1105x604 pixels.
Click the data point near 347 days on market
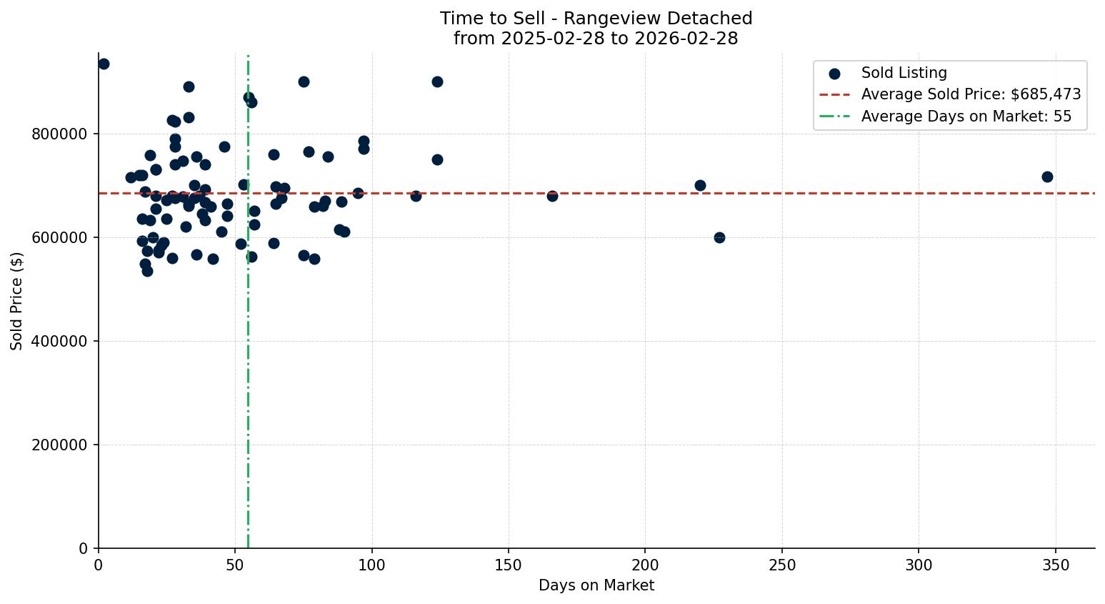click(1047, 177)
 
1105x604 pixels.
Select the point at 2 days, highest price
click(104, 64)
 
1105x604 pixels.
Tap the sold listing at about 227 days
click(719, 237)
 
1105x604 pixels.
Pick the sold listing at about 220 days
click(700, 185)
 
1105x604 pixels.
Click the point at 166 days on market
click(552, 196)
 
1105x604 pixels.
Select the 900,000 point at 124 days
click(437, 81)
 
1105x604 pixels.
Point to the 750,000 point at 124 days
click(437, 159)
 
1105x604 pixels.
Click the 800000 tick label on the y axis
click(61, 134)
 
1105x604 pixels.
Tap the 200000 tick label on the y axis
click(61, 445)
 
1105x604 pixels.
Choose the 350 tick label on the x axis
click(1056, 565)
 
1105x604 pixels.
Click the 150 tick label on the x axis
click(509, 565)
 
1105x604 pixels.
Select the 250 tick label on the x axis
click(782, 565)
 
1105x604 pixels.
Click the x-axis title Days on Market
click(596, 585)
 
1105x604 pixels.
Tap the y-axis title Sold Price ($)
click(16, 301)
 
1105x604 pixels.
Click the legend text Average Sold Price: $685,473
click(971, 94)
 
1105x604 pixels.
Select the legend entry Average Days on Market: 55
click(966, 117)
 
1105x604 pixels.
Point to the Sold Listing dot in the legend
click(834, 73)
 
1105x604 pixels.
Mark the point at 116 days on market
click(416, 196)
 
